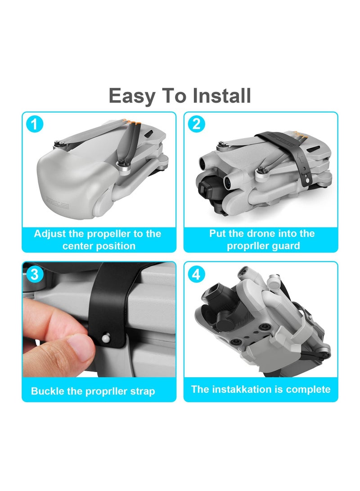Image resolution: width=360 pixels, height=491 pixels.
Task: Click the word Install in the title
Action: coord(221,96)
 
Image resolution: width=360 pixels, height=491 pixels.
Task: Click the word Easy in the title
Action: coord(131,96)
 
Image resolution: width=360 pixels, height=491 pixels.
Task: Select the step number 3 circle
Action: coord(35,274)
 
